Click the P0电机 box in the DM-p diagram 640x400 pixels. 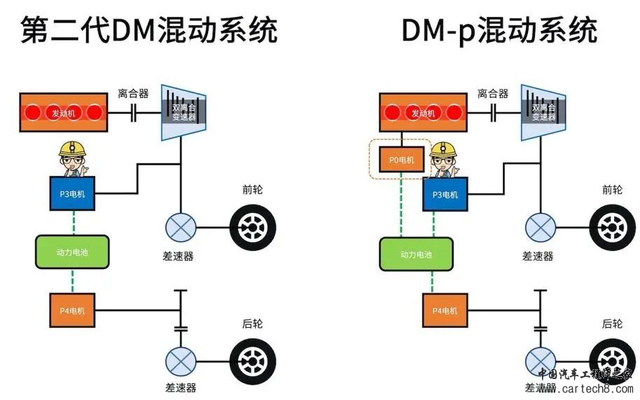point(401,160)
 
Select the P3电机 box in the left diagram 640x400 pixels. point(72,193)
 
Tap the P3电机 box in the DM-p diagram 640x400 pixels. point(445,194)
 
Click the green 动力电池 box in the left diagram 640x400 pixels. point(72,252)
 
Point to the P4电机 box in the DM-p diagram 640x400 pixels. point(445,310)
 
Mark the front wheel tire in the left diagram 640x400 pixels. point(253,228)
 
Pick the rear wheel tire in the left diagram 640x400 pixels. point(253,361)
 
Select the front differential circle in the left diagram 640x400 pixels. point(180,228)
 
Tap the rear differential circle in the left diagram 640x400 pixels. point(180,361)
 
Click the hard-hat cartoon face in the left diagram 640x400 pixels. point(72,160)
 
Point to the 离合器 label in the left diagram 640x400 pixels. point(132,93)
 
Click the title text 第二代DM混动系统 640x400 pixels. point(148,30)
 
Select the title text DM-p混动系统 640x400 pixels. point(499,30)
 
